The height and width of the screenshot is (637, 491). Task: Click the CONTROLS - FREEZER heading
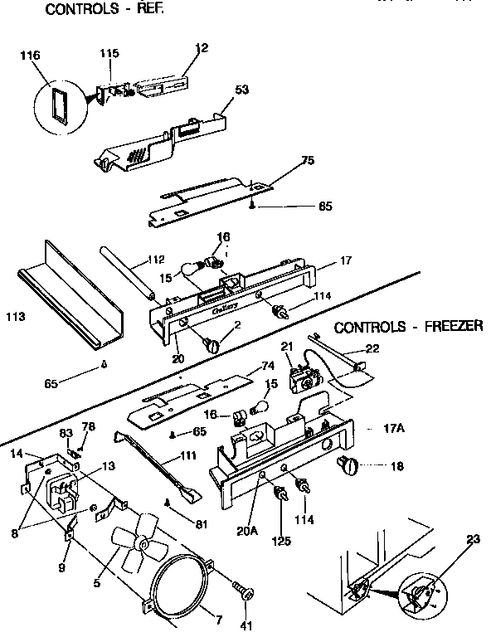(x=409, y=326)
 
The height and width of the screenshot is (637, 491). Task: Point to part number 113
(x=15, y=316)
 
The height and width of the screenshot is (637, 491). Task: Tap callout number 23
(x=473, y=539)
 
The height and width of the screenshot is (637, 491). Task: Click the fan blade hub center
(x=144, y=544)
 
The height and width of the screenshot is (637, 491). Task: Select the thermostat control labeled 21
(x=302, y=377)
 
